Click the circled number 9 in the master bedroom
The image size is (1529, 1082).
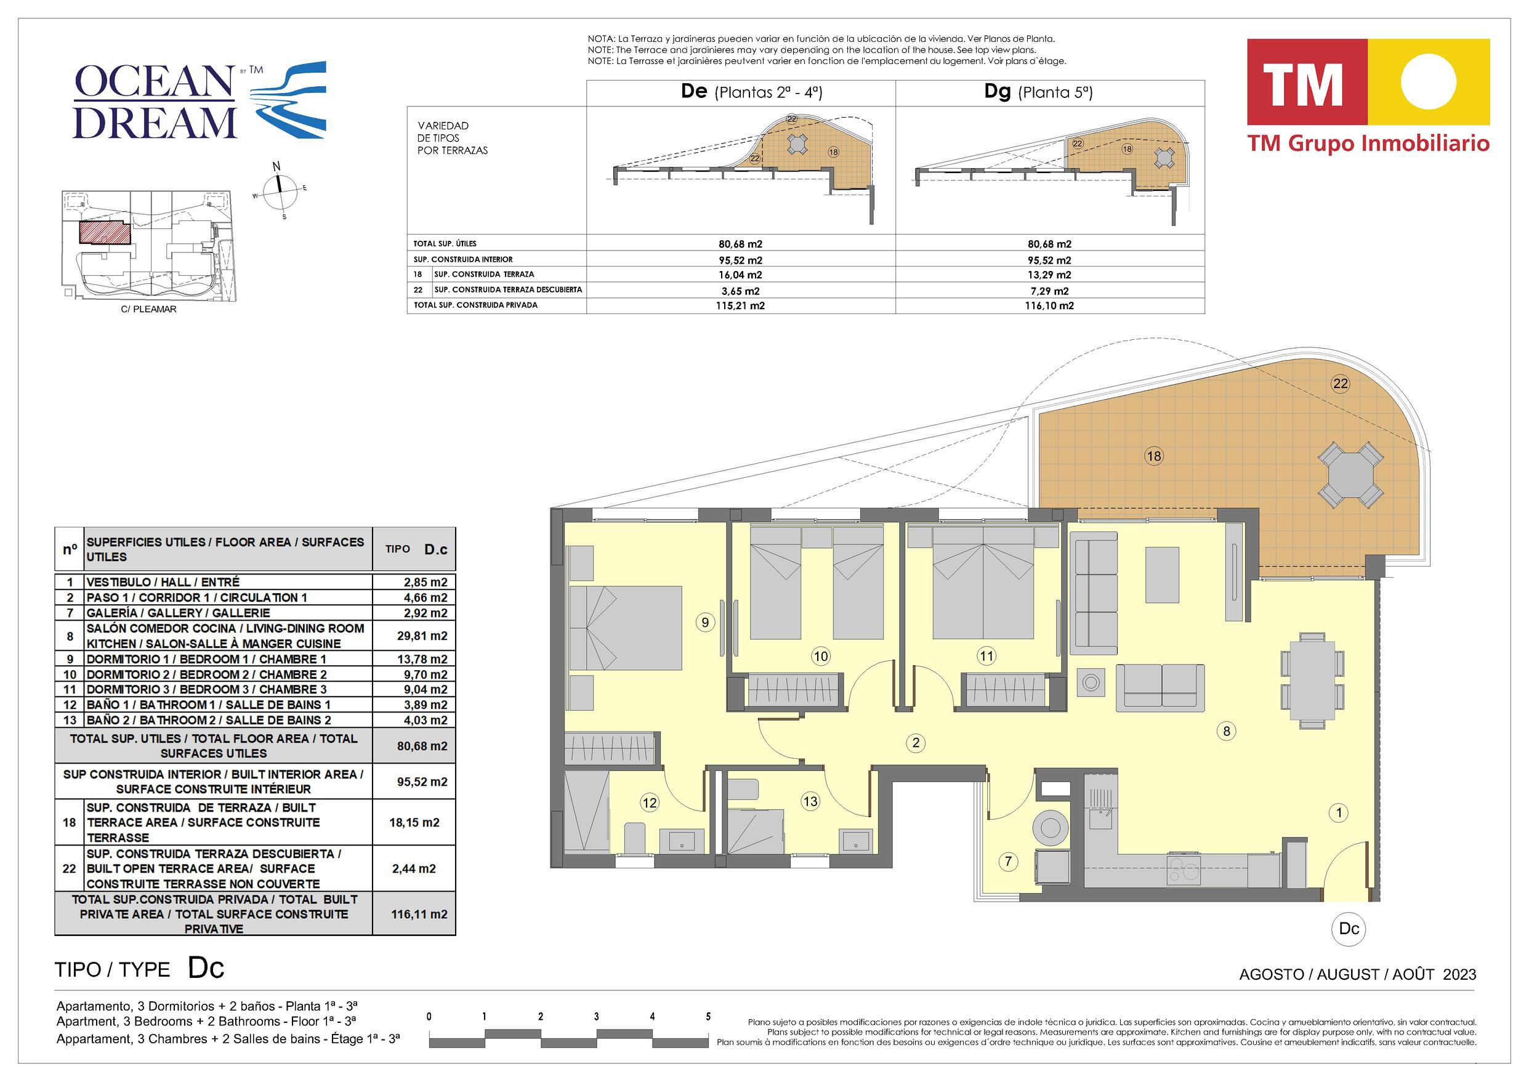[x=704, y=622]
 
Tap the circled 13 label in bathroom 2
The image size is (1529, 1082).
[x=810, y=802]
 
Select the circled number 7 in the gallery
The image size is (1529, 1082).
[x=1008, y=862]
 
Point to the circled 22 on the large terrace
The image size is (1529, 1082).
[x=1341, y=384]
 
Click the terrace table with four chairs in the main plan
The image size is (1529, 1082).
[x=1350, y=475]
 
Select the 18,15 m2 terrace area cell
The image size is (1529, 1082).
[x=414, y=823]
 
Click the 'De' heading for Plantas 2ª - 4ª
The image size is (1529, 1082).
[x=693, y=91]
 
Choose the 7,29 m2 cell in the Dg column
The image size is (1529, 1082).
[x=1050, y=291]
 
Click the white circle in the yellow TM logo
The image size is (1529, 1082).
[x=1429, y=82]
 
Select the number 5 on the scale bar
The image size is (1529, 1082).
[x=708, y=1017]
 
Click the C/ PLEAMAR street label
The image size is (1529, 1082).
[x=148, y=309]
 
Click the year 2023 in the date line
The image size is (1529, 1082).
[x=1459, y=974]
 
